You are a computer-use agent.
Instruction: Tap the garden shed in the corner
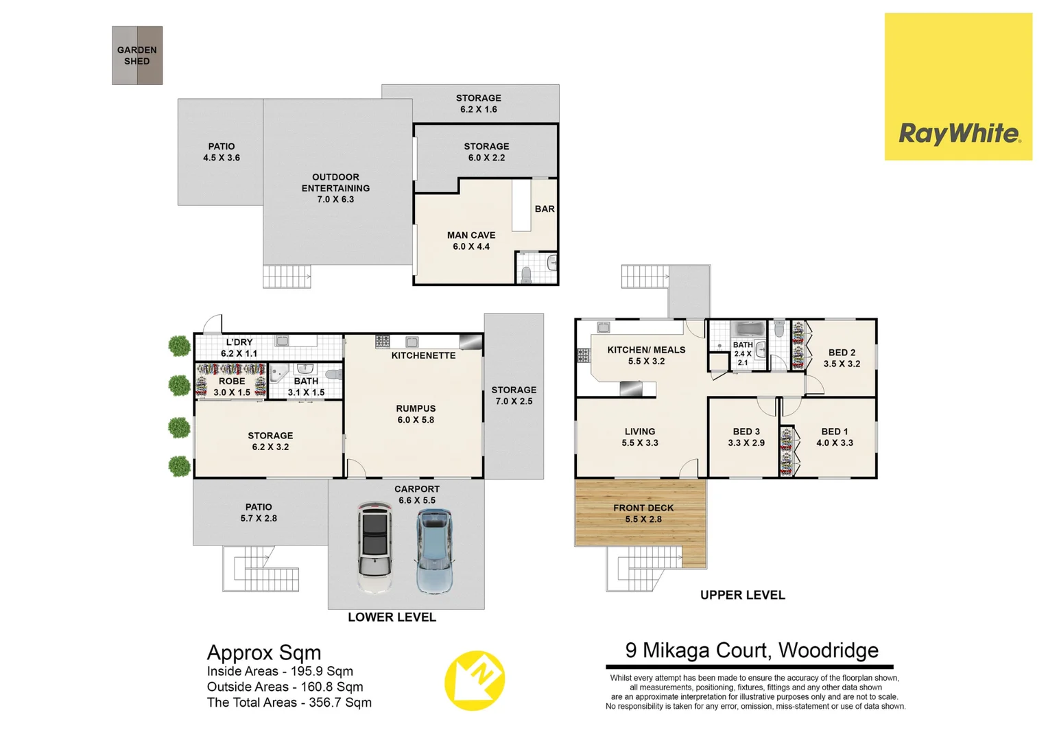point(137,56)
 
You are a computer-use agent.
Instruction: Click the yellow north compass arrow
point(475,680)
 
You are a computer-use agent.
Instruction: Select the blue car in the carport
point(435,550)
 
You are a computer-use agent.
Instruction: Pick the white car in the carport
point(374,548)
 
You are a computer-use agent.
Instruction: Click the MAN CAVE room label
point(471,235)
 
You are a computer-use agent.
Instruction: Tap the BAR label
point(545,209)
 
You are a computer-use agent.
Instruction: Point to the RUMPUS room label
point(416,408)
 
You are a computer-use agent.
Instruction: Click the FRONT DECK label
point(643,508)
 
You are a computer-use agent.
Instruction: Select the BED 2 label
point(842,353)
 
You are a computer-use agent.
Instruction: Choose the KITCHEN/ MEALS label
point(646,350)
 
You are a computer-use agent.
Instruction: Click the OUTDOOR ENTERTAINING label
point(335,183)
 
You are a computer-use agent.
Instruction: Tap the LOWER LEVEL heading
point(392,617)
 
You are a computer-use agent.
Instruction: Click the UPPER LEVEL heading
point(742,596)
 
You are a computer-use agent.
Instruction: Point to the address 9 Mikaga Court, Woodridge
point(752,650)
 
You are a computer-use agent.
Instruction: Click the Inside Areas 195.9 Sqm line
point(280,672)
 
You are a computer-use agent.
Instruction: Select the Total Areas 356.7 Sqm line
point(289,703)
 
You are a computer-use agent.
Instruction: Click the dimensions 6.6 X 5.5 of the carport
point(417,501)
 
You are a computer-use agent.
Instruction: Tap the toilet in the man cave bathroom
point(526,275)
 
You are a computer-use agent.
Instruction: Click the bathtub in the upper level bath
point(747,329)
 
